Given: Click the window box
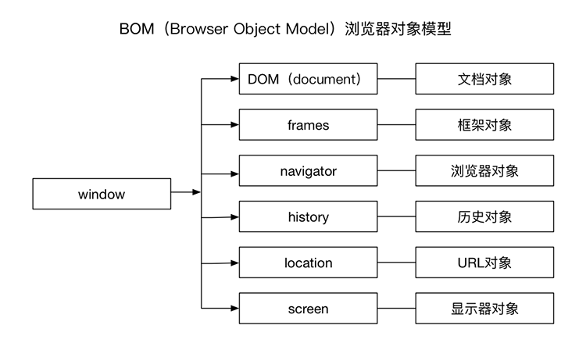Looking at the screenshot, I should point(102,195).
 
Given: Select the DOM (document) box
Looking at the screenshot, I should point(308,79).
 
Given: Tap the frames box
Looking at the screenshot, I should point(308,125).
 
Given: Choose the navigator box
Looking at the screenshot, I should point(308,171).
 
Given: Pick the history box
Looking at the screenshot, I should point(308,217).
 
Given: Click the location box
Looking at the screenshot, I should point(308,263).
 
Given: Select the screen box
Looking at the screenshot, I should point(308,309).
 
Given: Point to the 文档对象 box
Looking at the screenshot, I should point(484,79).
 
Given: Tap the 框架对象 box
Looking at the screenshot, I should point(484,125).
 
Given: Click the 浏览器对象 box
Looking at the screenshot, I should point(484,171).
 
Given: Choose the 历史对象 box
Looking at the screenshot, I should point(484,217).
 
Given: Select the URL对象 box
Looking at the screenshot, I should point(484,263).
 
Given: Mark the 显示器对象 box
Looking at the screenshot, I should point(484,309).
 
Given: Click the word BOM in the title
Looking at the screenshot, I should point(135,29).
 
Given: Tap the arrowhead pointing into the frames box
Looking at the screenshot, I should point(234,125).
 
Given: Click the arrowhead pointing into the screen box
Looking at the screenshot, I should point(234,309).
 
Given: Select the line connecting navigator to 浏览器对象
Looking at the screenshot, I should point(396,171).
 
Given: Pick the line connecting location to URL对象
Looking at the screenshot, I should point(396,263).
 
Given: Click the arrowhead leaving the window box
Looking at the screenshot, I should point(197,192).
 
